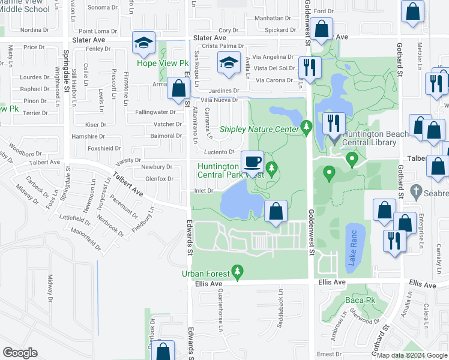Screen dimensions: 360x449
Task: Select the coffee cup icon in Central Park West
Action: click(252, 161)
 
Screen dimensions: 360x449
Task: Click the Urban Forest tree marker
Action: click(238, 273)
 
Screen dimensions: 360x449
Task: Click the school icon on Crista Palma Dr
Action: click(228, 63)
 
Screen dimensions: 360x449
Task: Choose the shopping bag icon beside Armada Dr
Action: click(178, 89)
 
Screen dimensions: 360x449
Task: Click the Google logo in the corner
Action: click(20, 353)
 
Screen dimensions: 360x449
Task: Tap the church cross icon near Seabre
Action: click(414, 193)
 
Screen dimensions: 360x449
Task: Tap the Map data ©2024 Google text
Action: click(412, 355)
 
